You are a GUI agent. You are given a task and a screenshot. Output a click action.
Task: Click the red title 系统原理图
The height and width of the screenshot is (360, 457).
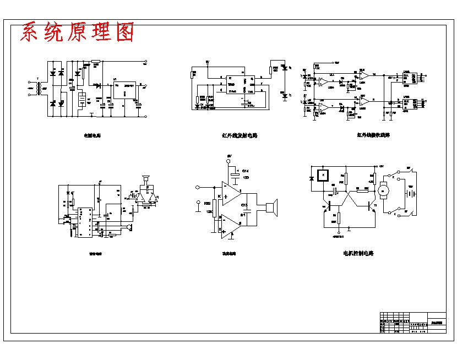[x=77, y=33]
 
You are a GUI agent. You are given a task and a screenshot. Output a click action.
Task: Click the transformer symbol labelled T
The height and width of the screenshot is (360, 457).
[x=37, y=88]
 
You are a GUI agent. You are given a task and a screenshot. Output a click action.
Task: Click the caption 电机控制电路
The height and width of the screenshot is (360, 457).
[x=358, y=254]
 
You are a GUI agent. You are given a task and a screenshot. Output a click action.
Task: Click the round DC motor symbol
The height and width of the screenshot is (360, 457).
[x=386, y=190]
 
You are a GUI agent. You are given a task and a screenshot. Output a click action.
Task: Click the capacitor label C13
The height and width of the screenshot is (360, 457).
[x=244, y=205]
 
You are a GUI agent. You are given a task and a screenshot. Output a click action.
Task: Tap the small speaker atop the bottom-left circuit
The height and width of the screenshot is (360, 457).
[x=146, y=179]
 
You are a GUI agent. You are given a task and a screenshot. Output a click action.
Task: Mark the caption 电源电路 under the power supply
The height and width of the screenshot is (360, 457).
[x=92, y=135]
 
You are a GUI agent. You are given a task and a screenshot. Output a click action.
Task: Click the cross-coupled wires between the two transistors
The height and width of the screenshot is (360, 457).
[x=346, y=197]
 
